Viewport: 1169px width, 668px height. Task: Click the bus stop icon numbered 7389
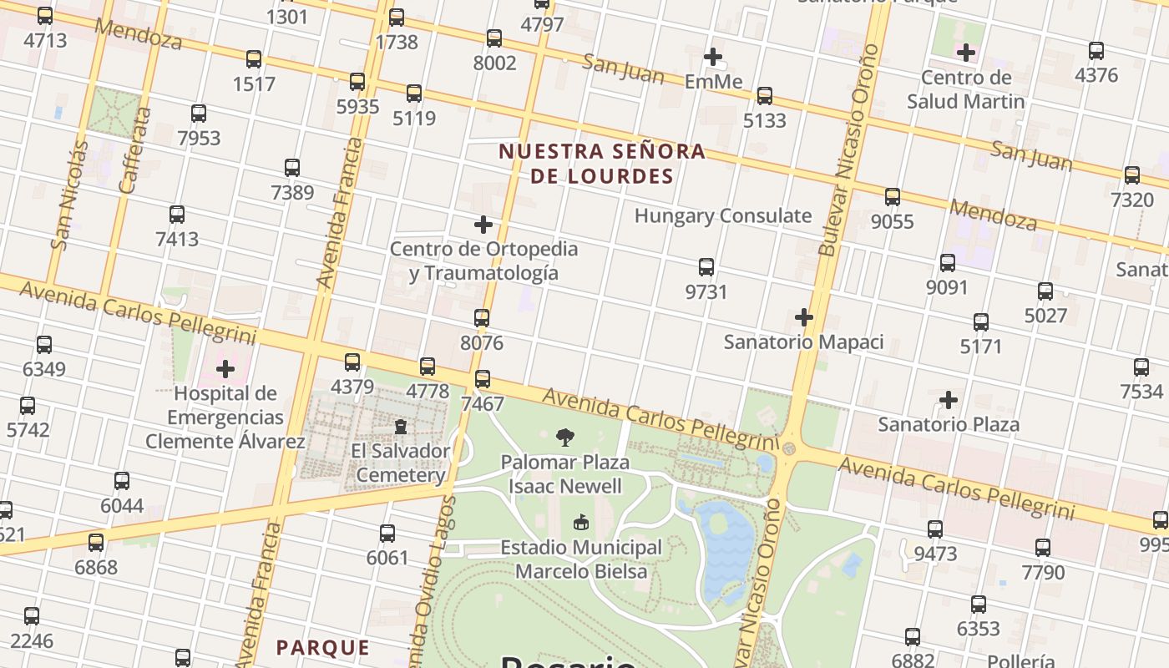click(292, 168)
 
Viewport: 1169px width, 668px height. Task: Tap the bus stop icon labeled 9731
click(706, 267)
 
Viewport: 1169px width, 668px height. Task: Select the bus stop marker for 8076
click(482, 318)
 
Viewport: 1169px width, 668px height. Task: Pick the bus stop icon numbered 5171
click(981, 321)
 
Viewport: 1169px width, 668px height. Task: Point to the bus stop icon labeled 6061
click(387, 534)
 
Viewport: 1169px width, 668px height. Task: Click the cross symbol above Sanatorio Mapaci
click(804, 317)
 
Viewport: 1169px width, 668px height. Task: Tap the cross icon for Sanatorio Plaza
click(949, 400)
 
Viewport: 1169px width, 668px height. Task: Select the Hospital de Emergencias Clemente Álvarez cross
click(225, 369)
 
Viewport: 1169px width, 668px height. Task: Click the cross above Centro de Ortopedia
click(483, 225)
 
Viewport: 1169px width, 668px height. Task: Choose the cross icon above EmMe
click(713, 57)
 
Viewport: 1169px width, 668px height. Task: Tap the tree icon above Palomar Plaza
click(565, 437)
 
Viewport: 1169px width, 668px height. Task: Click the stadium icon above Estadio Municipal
click(581, 523)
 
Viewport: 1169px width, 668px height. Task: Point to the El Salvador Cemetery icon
click(401, 427)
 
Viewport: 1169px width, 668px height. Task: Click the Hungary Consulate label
click(722, 215)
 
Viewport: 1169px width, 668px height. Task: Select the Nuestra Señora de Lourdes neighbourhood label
click(602, 164)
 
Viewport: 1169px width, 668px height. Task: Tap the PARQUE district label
click(322, 647)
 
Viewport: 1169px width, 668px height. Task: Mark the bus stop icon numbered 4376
click(1096, 51)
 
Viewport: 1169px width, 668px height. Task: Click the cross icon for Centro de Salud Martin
click(966, 53)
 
